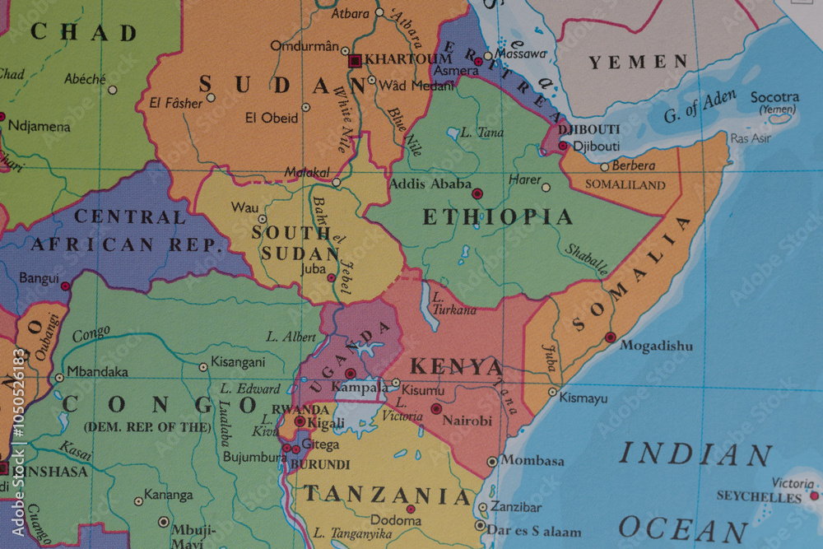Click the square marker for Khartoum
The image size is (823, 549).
[x=355, y=60]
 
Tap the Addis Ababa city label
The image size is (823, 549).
[x=430, y=184]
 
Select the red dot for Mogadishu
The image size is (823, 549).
[x=610, y=337]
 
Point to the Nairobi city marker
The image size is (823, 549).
[x=436, y=408]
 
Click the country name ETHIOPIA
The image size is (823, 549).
[x=497, y=217]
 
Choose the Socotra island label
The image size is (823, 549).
[x=774, y=97]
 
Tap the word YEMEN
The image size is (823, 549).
[x=638, y=62]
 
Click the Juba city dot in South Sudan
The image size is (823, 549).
[x=332, y=277]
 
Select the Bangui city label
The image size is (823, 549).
[x=39, y=278]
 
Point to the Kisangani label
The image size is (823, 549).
[x=238, y=362]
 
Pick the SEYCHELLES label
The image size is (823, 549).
[x=758, y=496]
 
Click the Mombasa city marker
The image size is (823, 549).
[x=492, y=462]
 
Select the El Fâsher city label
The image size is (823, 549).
[x=175, y=104]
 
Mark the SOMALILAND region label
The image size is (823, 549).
[x=625, y=185]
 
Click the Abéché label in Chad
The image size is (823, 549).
[x=86, y=79]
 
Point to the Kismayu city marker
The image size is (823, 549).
[x=553, y=392]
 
